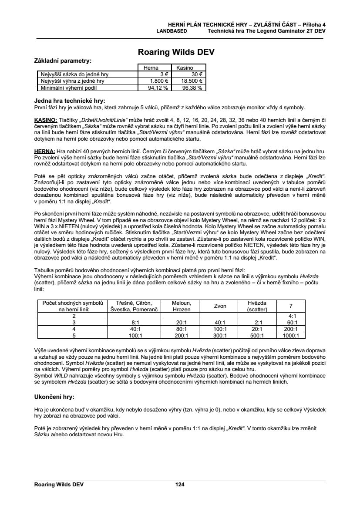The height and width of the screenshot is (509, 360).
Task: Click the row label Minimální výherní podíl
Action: pos(72,87)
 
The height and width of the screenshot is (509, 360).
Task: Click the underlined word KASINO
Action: pos(44,120)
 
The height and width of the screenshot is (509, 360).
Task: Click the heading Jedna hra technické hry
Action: pos(70,101)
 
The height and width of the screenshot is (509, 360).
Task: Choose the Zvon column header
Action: pos(220,306)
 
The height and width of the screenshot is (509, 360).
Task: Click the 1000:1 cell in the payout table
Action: pos(291,336)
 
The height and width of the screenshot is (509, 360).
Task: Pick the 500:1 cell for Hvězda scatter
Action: pos(257,336)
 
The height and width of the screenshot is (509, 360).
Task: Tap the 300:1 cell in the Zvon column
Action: pos(220,336)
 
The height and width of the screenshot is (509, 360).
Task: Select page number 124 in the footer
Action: pos(180,484)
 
